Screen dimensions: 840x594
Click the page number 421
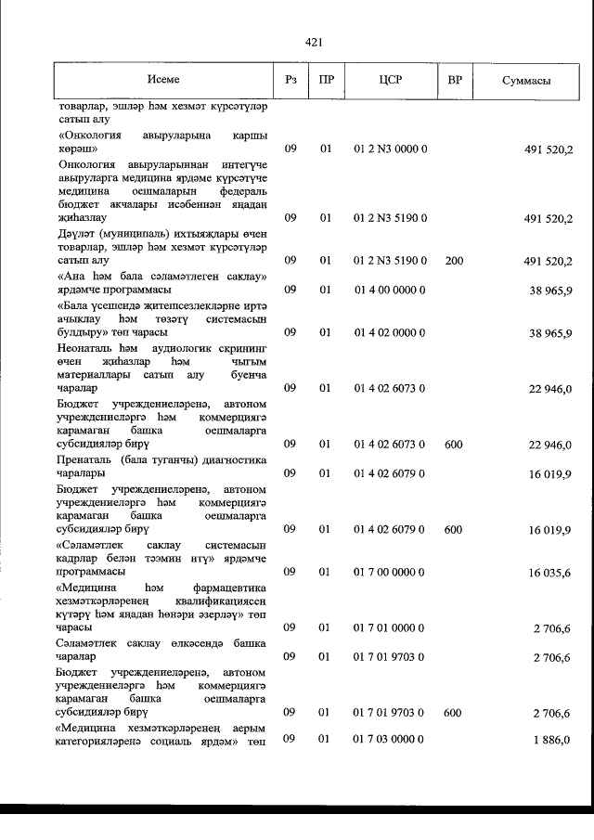313,42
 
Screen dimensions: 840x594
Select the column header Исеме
163,80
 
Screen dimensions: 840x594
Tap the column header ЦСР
390,81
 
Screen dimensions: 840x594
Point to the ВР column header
454,81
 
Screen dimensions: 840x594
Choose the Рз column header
291,81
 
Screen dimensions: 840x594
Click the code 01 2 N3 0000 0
390,149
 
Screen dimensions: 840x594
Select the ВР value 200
454,261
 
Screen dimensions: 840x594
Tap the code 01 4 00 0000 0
390,290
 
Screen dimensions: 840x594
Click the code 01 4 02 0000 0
390,331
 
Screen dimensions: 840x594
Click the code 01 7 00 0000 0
390,573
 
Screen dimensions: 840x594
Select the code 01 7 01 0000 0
390,628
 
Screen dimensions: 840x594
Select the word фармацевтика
229,588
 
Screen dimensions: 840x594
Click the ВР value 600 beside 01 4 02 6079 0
454,529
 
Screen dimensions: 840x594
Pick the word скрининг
241,348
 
